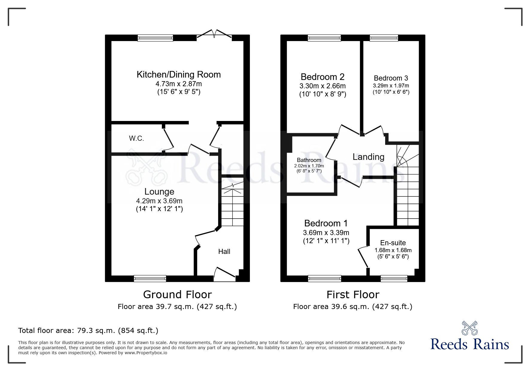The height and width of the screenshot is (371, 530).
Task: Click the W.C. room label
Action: [x=136, y=138]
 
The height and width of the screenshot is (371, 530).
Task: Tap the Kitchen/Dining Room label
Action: [x=179, y=75]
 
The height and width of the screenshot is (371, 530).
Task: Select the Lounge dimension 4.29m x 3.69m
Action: [x=159, y=201]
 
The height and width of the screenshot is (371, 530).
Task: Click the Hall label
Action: [x=224, y=252]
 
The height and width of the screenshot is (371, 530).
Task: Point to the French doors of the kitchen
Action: [x=214, y=34]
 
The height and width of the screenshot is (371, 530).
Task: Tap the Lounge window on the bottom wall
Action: [x=150, y=278]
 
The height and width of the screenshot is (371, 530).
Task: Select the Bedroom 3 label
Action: [x=391, y=78]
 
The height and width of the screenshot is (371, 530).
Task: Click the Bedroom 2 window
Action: [x=324, y=38]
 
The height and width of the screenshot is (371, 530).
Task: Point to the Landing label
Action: [x=368, y=157]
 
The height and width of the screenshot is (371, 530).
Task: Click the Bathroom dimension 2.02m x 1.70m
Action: [x=309, y=166]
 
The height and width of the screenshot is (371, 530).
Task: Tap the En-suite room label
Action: [x=393, y=243]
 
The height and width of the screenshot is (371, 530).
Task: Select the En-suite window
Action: [x=394, y=278]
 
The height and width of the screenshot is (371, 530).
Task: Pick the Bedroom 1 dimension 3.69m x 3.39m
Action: [x=326, y=233]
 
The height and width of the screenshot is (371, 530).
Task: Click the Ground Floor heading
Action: [x=177, y=295]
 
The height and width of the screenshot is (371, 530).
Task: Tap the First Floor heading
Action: [x=353, y=295]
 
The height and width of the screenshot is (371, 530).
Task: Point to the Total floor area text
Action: [x=88, y=331]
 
